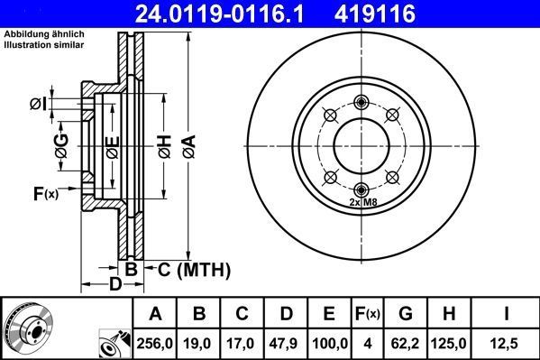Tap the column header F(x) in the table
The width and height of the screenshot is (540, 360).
(368, 313)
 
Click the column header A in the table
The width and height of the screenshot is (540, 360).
(155, 313)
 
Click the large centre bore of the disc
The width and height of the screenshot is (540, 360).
(361, 144)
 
